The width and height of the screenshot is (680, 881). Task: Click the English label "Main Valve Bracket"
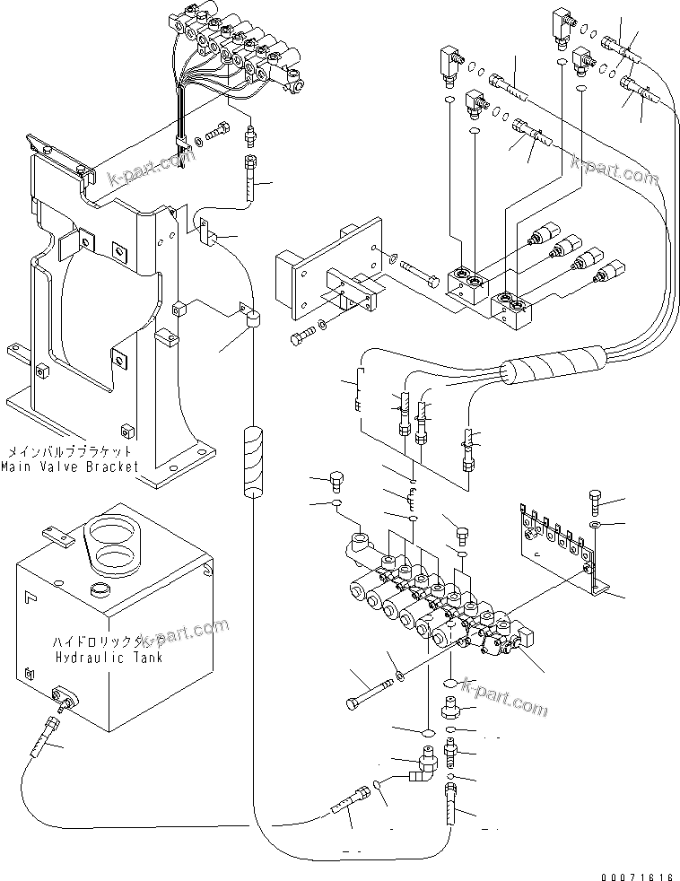[70, 467]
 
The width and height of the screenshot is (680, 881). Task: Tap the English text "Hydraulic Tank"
[109, 656]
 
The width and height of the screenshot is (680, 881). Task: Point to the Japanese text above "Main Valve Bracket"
[70, 452]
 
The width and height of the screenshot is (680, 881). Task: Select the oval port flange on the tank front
[63, 696]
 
